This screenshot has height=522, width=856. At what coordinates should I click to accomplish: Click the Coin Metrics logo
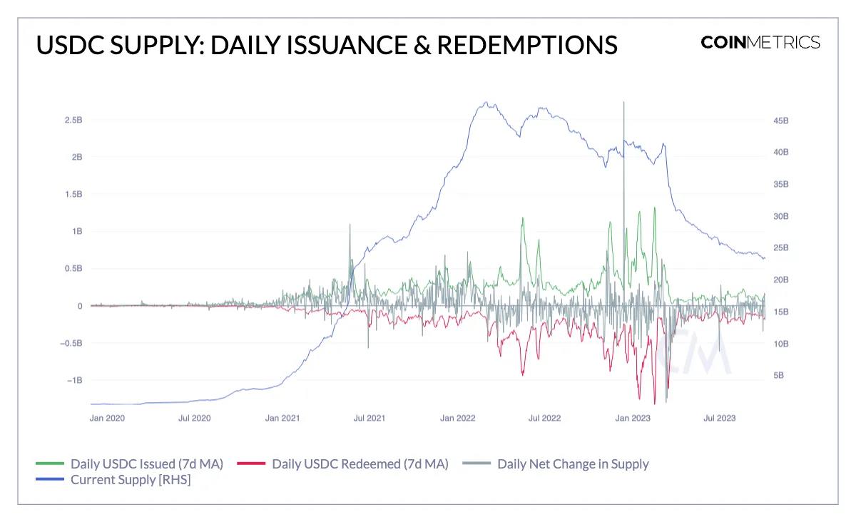[760, 42]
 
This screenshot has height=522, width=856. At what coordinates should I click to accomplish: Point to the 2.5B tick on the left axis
[72, 120]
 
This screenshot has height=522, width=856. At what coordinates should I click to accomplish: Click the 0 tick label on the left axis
[80, 306]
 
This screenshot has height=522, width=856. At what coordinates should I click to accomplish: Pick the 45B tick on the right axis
[781, 121]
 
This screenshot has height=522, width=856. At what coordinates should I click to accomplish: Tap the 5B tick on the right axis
[778, 375]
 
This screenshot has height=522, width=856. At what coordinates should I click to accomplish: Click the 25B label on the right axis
[781, 248]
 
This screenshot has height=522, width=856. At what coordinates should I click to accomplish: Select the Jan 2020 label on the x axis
[107, 418]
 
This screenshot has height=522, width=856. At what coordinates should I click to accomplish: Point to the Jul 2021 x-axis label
[370, 418]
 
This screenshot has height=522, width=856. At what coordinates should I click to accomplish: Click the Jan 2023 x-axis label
[633, 418]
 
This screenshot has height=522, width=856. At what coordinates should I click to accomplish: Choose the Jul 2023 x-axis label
[719, 418]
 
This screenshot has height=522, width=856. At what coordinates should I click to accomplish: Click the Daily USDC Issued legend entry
[146, 464]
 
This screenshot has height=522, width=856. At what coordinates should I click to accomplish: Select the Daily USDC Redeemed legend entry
[360, 464]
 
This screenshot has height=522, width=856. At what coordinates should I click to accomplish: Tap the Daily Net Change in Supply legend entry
[573, 464]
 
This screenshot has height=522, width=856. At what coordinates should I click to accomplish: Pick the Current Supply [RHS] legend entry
[130, 480]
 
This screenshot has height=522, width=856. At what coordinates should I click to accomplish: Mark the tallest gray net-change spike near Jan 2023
[624, 104]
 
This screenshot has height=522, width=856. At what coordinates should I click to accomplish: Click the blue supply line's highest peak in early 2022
[485, 102]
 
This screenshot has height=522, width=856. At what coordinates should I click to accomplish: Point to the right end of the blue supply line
[764, 258]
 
